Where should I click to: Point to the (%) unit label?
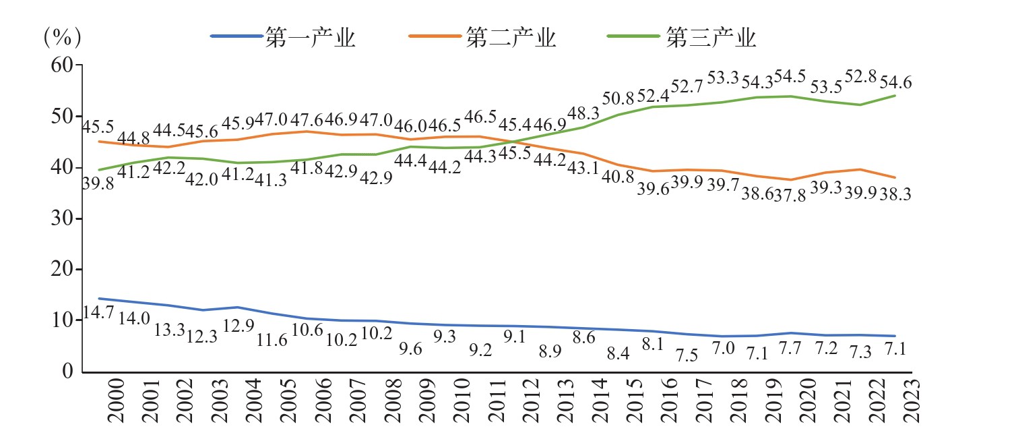(x=62, y=38)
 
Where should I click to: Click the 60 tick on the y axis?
(x=62, y=65)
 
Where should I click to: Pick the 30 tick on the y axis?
(x=62, y=218)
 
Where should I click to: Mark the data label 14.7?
(x=98, y=314)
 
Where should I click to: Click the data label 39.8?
(x=98, y=185)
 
